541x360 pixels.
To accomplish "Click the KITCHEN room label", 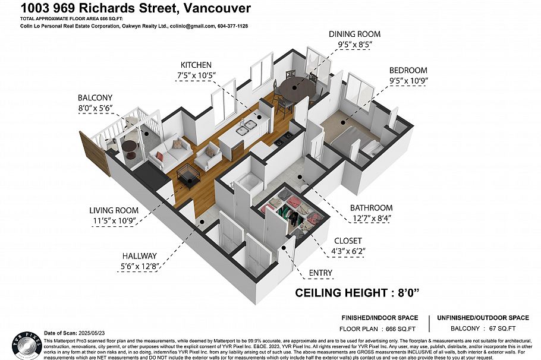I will pos(197,65).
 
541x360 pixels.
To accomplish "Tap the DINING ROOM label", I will pos(354,34).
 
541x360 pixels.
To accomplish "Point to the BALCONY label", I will pos(95,97).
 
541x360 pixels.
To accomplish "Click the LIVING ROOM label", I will pos(114,210).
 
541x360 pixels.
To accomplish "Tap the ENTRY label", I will pos(320,273).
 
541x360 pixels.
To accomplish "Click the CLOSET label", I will pos(348,241).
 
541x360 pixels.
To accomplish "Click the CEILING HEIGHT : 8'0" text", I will pos(357,293).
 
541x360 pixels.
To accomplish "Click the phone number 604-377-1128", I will pos(233,26).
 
